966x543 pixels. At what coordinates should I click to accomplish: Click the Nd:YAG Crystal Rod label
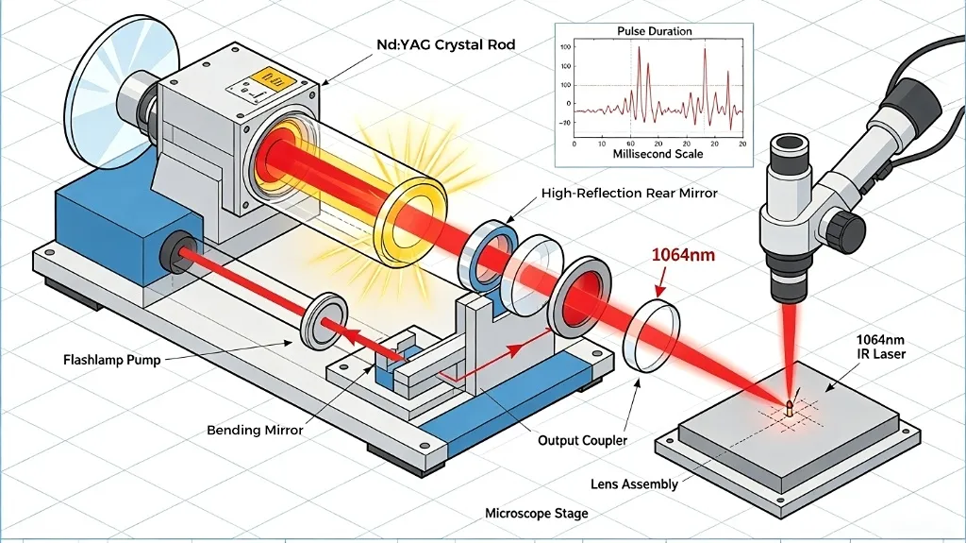click(x=446, y=44)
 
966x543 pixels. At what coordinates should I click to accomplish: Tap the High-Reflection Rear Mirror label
click(x=629, y=194)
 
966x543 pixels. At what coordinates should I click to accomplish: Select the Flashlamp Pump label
click(x=111, y=360)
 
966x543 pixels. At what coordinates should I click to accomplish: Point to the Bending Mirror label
click(x=255, y=430)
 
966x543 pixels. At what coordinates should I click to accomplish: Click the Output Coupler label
click(x=582, y=441)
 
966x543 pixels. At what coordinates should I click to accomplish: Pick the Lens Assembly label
click(x=634, y=484)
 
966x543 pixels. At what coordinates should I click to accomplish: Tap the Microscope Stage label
click(x=536, y=514)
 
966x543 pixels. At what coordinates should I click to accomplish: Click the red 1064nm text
click(x=683, y=254)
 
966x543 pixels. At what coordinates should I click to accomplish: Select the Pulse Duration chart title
click(x=655, y=31)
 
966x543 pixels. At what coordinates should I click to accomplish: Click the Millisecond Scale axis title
click(x=658, y=154)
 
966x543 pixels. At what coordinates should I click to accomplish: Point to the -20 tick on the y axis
click(x=564, y=123)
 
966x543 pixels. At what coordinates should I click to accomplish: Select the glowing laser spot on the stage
click(x=790, y=406)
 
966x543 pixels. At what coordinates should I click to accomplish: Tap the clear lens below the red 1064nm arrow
click(x=653, y=335)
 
